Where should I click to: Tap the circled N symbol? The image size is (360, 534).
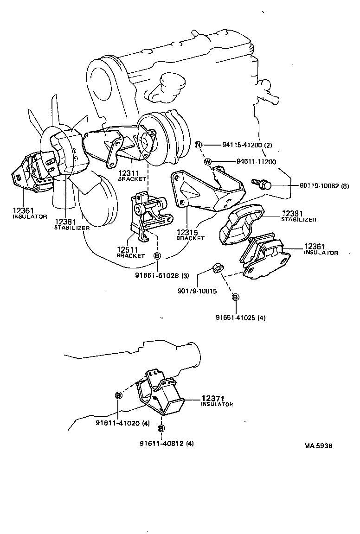(199, 145)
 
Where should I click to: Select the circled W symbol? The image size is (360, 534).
(208, 161)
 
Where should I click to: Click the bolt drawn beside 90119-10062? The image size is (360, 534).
(260, 184)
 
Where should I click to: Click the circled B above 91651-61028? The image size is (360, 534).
(157, 256)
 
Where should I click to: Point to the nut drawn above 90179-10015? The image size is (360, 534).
(216, 268)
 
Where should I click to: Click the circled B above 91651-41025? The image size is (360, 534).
(236, 297)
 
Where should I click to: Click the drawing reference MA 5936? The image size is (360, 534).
(318, 446)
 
